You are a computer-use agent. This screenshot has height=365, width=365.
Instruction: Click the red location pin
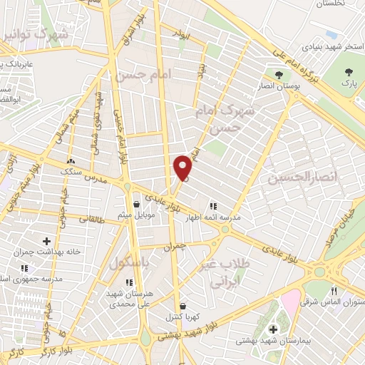pos(182,168)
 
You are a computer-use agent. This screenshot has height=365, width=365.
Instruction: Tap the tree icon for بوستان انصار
pos(279,75)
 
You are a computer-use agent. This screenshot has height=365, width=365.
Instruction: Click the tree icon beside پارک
pos(348,72)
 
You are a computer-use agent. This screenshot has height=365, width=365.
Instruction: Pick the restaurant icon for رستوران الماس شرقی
pos(334,291)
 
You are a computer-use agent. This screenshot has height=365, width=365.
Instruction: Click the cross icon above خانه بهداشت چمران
pos(47,242)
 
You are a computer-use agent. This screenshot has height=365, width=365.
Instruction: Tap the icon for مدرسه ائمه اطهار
pos(212,207)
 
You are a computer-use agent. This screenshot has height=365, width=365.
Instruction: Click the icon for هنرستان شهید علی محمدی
pos(128,282)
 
